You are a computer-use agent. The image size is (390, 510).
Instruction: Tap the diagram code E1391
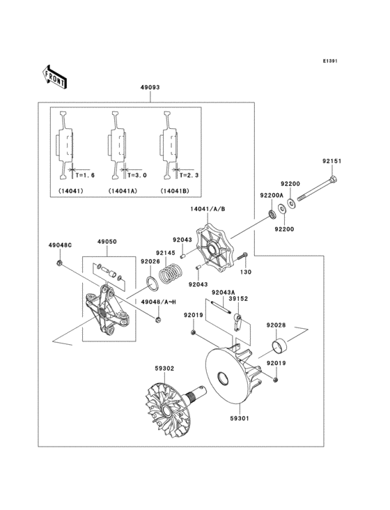[329, 61]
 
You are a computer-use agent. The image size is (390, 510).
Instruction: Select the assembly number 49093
[150, 88]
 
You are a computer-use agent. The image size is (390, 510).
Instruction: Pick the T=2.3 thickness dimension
[187, 175]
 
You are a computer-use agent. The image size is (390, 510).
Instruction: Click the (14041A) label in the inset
[123, 191]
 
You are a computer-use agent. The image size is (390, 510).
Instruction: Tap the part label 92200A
[271, 196]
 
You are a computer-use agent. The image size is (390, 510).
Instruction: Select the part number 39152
[239, 297]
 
